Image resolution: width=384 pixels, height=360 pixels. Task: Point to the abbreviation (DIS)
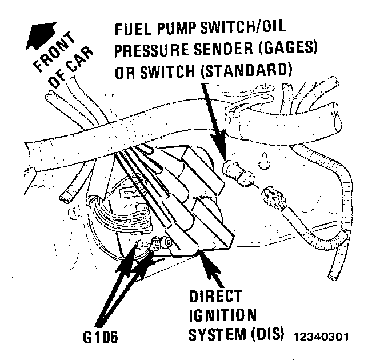(266, 334)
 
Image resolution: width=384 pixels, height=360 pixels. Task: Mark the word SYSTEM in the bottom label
(210, 334)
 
